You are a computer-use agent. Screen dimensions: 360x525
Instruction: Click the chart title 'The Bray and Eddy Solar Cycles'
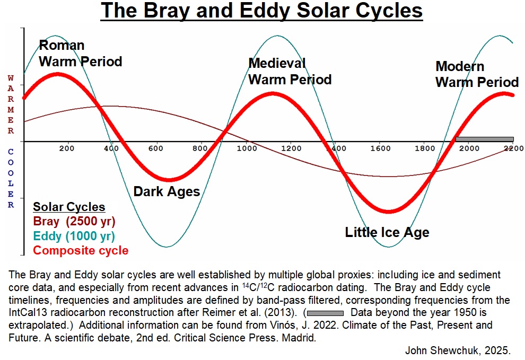coord(262,11)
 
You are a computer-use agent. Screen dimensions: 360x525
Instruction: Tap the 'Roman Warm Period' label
coord(81,54)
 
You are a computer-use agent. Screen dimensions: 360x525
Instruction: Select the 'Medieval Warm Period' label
coord(290,72)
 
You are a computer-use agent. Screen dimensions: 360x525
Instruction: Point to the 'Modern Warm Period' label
coord(477,75)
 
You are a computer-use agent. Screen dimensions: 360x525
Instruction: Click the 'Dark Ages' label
coord(167,191)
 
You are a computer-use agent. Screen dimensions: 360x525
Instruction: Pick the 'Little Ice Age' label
coord(387,232)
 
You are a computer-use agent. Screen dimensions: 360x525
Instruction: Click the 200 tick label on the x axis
coord(67,148)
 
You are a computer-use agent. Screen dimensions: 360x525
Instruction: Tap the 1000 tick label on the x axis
coord(247,148)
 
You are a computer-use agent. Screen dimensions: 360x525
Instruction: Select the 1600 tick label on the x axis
coord(380,148)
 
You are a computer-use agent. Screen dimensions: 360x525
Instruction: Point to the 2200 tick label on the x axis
coord(513,148)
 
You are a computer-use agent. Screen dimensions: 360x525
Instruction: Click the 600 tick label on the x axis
coord(156,148)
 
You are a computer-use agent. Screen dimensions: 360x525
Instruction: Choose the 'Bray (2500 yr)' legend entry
coord(74,222)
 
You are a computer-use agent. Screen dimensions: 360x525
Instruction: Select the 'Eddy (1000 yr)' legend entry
coord(74,236)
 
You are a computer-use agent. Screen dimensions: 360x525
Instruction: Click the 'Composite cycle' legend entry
coord(81,250)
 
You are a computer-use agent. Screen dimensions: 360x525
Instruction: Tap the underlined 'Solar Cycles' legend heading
coord(69,207)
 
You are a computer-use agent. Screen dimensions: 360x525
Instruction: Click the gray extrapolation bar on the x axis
coord(485,139)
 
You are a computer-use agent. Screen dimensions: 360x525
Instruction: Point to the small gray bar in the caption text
coord(325,313)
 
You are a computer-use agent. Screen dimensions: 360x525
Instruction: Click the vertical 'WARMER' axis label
coord(11,104)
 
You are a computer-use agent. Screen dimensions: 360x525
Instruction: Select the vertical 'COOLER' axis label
coord(11,179)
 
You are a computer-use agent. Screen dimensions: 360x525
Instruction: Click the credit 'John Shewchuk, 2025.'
coord(458,350)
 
